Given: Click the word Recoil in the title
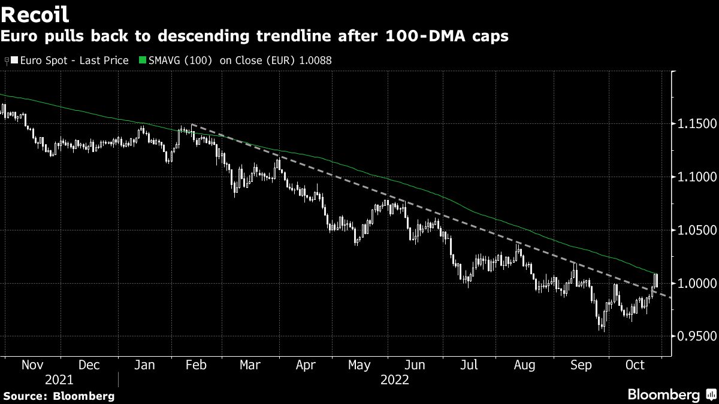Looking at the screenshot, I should [x=35, y=14].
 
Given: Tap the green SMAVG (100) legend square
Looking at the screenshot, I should [x=142, y=60].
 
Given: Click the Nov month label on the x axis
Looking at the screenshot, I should [x=33, y=364].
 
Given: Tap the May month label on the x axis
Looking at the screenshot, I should [x=359, y=364].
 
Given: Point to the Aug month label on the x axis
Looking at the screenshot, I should [x=525, y=364].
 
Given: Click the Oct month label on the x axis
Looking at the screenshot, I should [x=635, y=364].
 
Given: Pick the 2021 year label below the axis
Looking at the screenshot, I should [x=59, y=380].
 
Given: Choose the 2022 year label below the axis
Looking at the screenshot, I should [x=394, y=380].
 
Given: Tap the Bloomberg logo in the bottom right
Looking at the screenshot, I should [x=664, y=394].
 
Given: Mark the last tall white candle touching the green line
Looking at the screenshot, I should [x=656, y=280].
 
